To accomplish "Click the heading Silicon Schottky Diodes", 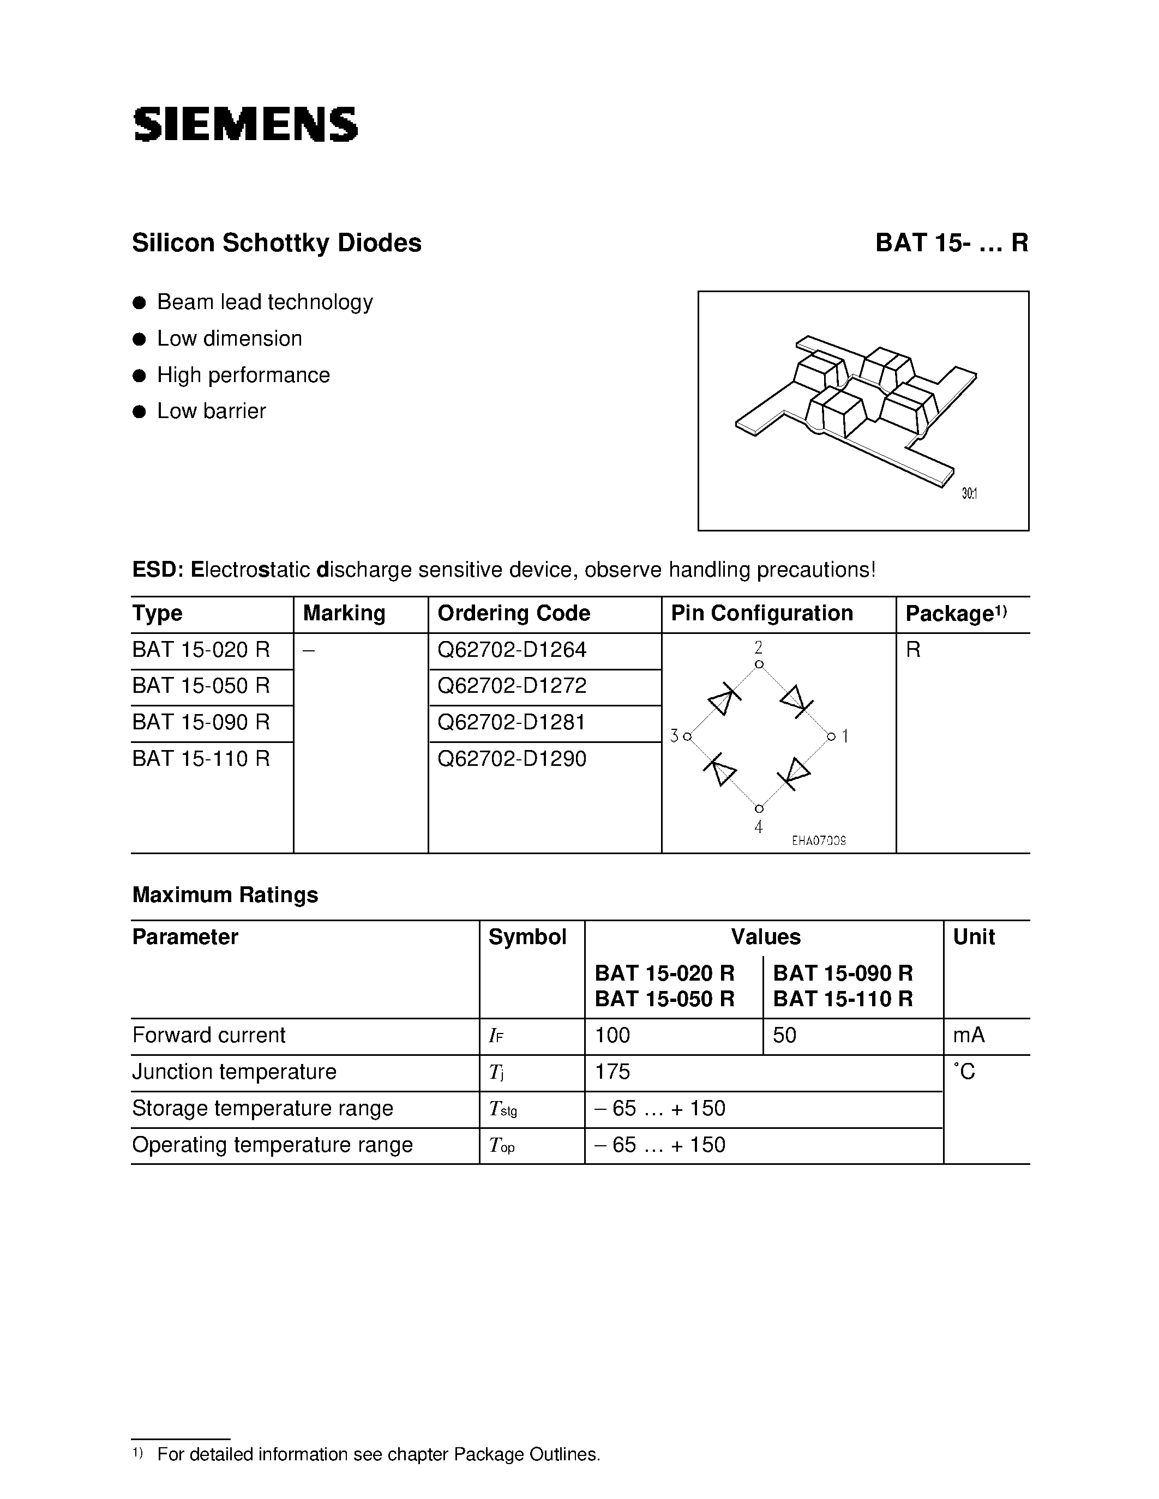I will click(276, 243).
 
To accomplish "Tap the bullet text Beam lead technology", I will click(265, 302).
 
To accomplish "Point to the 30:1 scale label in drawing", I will click(969, 493).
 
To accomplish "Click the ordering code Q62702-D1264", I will click(512, 649).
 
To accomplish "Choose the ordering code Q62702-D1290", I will click(512, 758).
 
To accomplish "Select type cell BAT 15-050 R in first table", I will click(201, 686).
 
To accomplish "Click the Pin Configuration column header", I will click(761, 613).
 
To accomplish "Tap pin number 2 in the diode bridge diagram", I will click(758, 647).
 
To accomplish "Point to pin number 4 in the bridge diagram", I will click(758, 827).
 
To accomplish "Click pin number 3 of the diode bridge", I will click(674, 736).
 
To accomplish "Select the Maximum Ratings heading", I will click(225, 895).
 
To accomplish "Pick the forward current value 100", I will click(612, 1035).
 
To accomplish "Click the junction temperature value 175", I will click(612, 1072).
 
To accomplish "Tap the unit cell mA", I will click(968, 1035).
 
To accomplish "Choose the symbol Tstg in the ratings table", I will click(502, 1109).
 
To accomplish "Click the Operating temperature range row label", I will click(272, 1145).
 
